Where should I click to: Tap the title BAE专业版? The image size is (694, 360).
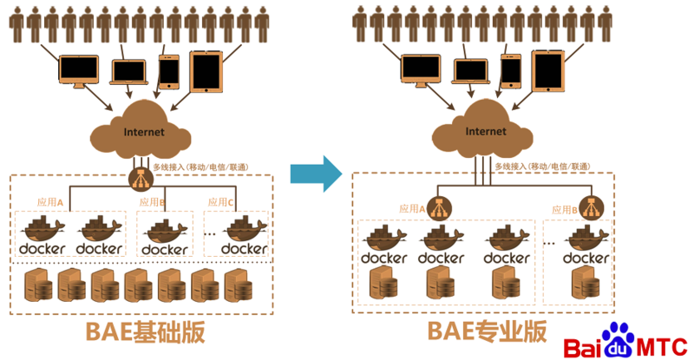pyautogui.click(x=487, y=331)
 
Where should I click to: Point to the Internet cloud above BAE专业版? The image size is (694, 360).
pyautogui.click(x=486, y=131)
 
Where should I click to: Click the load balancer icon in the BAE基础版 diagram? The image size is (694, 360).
pyautogui.click(x=139, y=180)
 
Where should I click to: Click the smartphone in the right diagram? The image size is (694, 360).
pyautogui.click(x=512, y=69)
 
